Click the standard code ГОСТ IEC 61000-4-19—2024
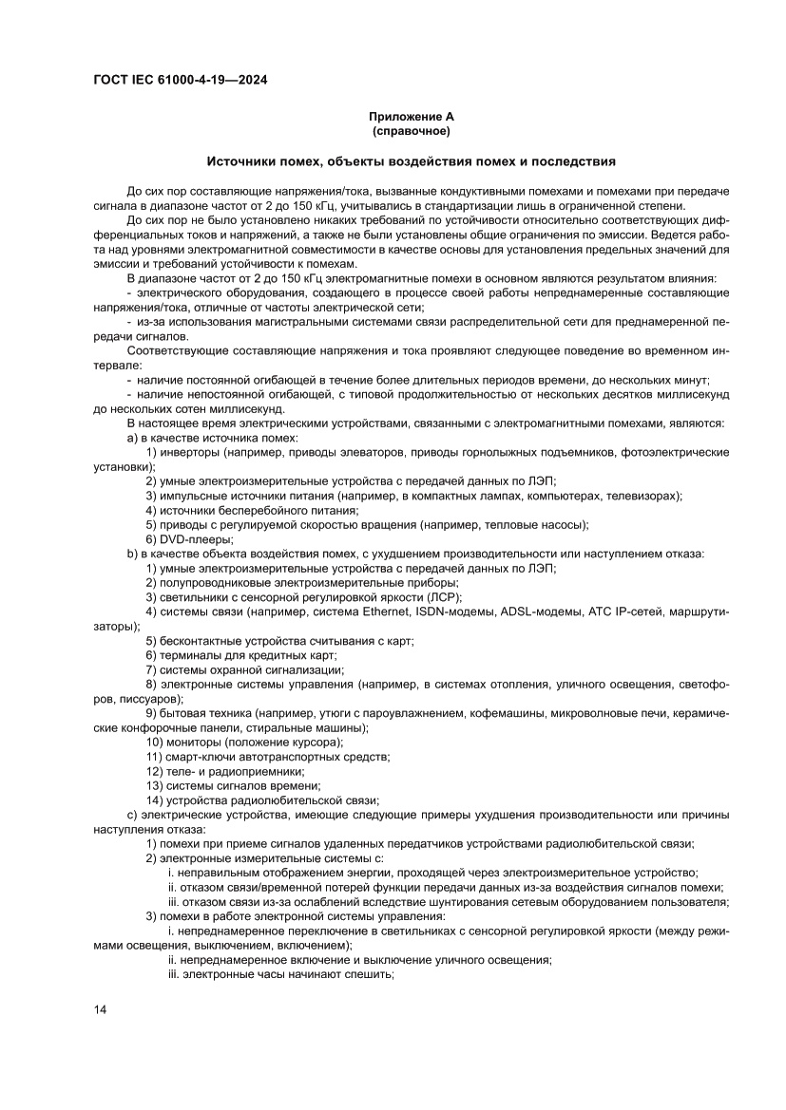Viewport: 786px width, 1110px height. (180, 81)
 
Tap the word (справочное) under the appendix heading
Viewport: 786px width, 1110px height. (411, 131)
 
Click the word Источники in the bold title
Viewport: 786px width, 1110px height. (241, 161)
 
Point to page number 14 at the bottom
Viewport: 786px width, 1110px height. (100, 1008)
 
